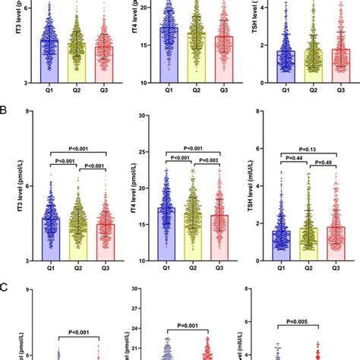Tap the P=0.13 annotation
pos(305,150)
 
